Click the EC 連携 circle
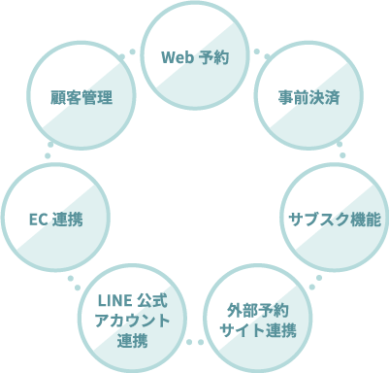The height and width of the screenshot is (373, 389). tap(55, 218)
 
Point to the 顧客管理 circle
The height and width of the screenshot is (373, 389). tap(82, 97)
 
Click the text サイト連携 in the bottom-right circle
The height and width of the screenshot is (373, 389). tap(257, 331)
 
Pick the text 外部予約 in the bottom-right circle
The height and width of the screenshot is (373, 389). tap(257, 311)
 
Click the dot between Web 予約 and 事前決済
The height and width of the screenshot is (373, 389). tap(256, 51)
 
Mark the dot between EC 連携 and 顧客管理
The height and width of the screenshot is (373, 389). tap(49, 155)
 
